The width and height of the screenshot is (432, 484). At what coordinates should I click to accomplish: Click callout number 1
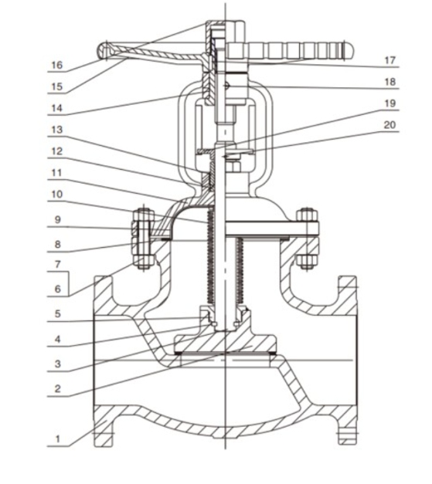click(57, 439)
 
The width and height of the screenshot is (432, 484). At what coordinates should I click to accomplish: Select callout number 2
click(58, 388)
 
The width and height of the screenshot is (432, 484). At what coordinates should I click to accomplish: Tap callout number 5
click(58, 314)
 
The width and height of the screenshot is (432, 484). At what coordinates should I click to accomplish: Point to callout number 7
click(58, 264)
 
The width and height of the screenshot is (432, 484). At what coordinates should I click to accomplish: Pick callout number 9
click(58, 220)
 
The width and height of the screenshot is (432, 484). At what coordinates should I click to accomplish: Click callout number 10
click(57, 195)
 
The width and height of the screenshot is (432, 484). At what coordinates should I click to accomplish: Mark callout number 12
click(57, 151)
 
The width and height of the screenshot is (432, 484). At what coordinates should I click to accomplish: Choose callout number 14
click(57, 108)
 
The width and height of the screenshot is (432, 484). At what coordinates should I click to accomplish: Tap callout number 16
click(57, 65)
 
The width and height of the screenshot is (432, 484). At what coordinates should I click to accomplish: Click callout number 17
click(390, 60)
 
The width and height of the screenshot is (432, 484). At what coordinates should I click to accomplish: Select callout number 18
click(390, 82)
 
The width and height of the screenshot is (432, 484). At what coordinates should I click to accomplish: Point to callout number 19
click(390, 103)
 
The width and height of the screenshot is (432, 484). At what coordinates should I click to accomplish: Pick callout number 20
click(390, 125)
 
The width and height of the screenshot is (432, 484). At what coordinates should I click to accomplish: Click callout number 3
click(58, 364)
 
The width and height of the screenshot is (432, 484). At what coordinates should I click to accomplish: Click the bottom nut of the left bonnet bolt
click(144, 261)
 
